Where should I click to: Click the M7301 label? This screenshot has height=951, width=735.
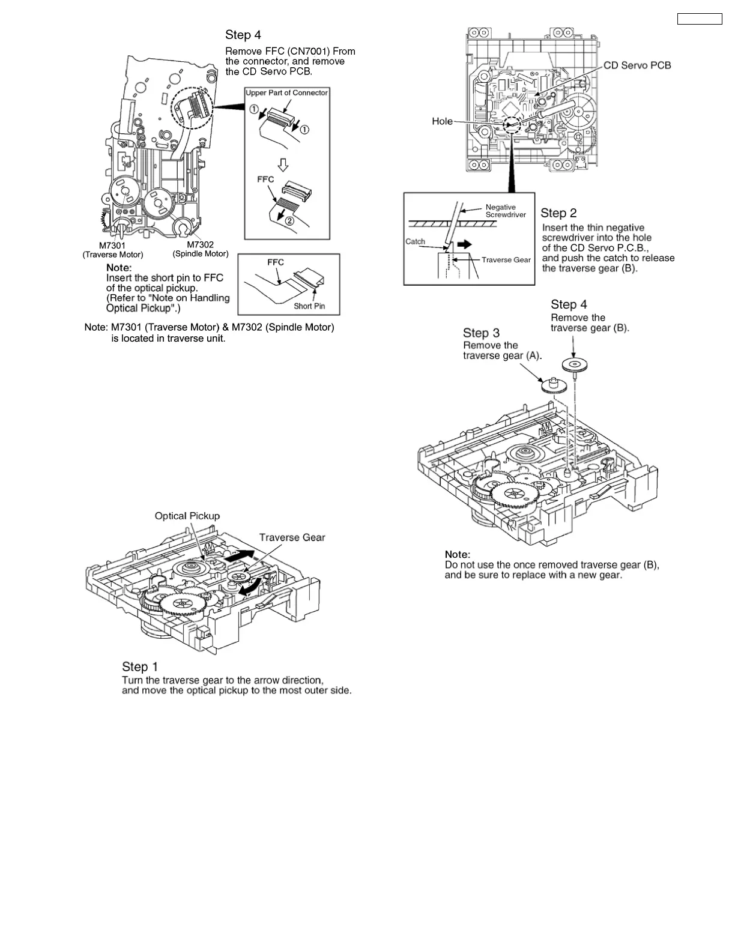coord(112,245)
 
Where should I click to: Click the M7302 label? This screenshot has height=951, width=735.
coord(200,244)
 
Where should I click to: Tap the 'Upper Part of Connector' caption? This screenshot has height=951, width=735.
coord(286,93)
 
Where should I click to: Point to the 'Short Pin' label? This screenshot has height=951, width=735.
coord(309,306)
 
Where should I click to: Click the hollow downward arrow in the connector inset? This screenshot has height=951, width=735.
coord(283,164)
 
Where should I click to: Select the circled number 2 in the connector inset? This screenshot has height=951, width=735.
coord(289,220)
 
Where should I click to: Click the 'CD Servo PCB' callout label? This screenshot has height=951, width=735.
coord(637,65)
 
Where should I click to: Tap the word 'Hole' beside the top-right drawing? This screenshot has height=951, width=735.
coord(442,121)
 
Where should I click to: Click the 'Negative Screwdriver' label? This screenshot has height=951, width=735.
coord(506,211)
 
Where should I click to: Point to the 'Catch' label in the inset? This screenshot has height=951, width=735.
coord(415,241)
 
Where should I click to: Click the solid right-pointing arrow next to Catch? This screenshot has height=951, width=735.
coord(464,244)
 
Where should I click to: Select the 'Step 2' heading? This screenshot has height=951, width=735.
coord(558,213)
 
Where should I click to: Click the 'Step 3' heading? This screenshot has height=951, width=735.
coord(481,333)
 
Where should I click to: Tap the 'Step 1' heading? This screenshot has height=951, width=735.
coord(140,667)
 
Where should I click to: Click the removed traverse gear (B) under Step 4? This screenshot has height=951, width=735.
coord(575,365)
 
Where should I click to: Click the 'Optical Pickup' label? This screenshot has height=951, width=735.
coord(187,516)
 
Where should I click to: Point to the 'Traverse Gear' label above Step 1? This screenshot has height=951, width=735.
coord(292,538)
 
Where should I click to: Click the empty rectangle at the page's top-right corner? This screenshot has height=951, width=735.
coord(700,19)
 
